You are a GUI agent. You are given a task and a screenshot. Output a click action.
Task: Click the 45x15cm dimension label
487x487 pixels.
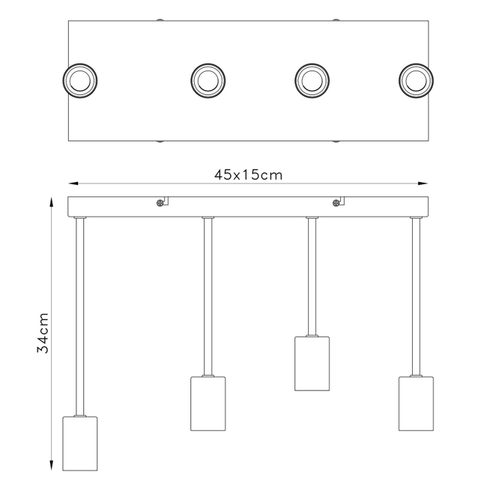click(248, 175)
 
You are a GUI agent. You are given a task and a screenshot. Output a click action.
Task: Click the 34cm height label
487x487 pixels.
click(43, 333)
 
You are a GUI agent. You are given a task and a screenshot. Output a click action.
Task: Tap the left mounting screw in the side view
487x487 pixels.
click(160, 203)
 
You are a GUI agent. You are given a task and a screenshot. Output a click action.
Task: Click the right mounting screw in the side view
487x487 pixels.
click(336, 203)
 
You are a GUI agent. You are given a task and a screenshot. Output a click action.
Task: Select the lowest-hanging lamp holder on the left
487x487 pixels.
click(80, 444)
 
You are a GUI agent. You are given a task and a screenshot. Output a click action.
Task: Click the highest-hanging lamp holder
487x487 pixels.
click(312, 363)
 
